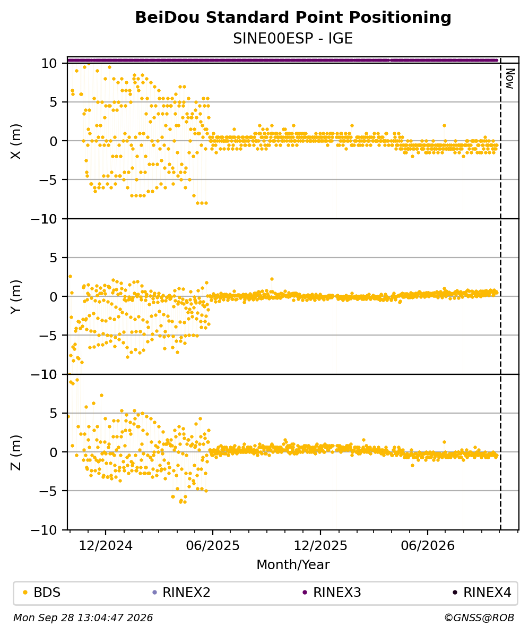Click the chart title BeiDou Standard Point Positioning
(x=293, y=18)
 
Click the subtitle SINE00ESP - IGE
(x=293, y=38)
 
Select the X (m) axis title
(x=16, y=141)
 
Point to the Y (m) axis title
(x=16, y=297)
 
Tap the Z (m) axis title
(x=16, y=452)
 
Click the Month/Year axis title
(x=293, y=564)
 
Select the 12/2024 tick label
(x=106, y=546)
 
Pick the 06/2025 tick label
(x=213, y=546)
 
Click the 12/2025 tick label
(x=320, y=546)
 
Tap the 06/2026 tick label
(x=428, y=546)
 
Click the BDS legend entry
(x=41, y=593)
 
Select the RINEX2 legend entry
(x=181, y=593)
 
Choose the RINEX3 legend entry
(x=332, y=593)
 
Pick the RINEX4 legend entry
(x=482, y=593)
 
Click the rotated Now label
(x=510, y=79)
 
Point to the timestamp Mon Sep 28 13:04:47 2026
(x=83, y=618)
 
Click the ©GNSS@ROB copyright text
(x=479, y=618)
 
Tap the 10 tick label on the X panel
(x=50, y=64)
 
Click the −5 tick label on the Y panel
(x=49, y=336)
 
